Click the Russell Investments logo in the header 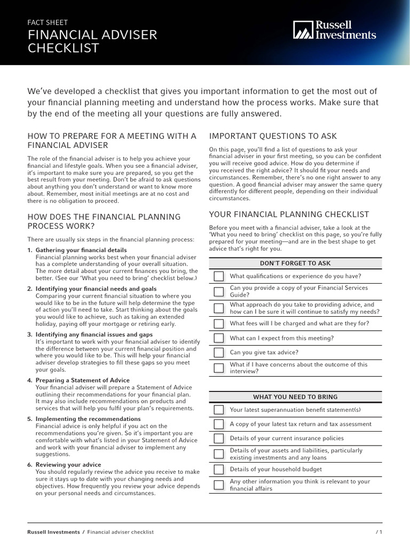pos(334,30)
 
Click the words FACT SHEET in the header pos(48,22)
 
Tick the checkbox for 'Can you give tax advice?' pos(219,353)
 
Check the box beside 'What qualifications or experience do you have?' pos(219,276)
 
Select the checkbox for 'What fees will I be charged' pos(219,324)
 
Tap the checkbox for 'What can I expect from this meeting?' pos(219,338)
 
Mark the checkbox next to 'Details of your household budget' pos(219,470)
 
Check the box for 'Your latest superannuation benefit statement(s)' pos(219,410)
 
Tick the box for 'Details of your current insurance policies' pos(219,439)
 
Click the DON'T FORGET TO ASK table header pos(295,263)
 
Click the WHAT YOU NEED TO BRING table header pos(295,397)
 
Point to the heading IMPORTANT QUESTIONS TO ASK pos(273,136)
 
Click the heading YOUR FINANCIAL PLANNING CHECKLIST pos(289,214)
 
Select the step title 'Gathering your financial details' pos(81,250)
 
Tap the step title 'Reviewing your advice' pos(68,465)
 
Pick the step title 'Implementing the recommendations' pos(88,419)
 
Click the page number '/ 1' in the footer pos(379,532)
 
